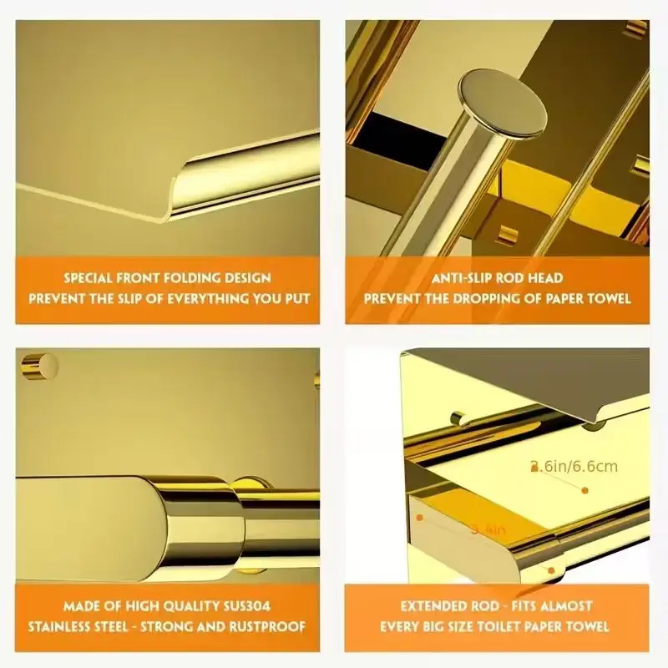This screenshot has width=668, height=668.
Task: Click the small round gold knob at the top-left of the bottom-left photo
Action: pos(39,365)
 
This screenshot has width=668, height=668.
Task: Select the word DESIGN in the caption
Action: pos(246,277)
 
